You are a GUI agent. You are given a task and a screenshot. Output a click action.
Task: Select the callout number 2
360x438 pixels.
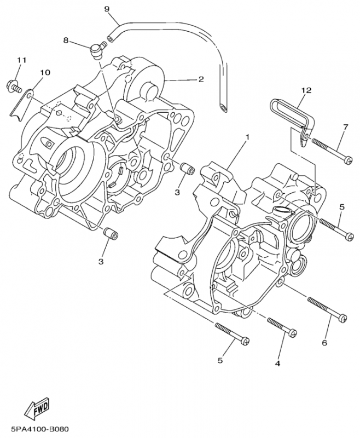point(201,79)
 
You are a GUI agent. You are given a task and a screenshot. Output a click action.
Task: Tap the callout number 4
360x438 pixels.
point(277,363)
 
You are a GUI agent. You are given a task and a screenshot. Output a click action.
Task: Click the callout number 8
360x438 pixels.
point(66,40)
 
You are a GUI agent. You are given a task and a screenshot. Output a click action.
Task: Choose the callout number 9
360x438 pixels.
point(106,9)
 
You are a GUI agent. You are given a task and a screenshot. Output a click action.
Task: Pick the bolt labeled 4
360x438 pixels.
point(283,327)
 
